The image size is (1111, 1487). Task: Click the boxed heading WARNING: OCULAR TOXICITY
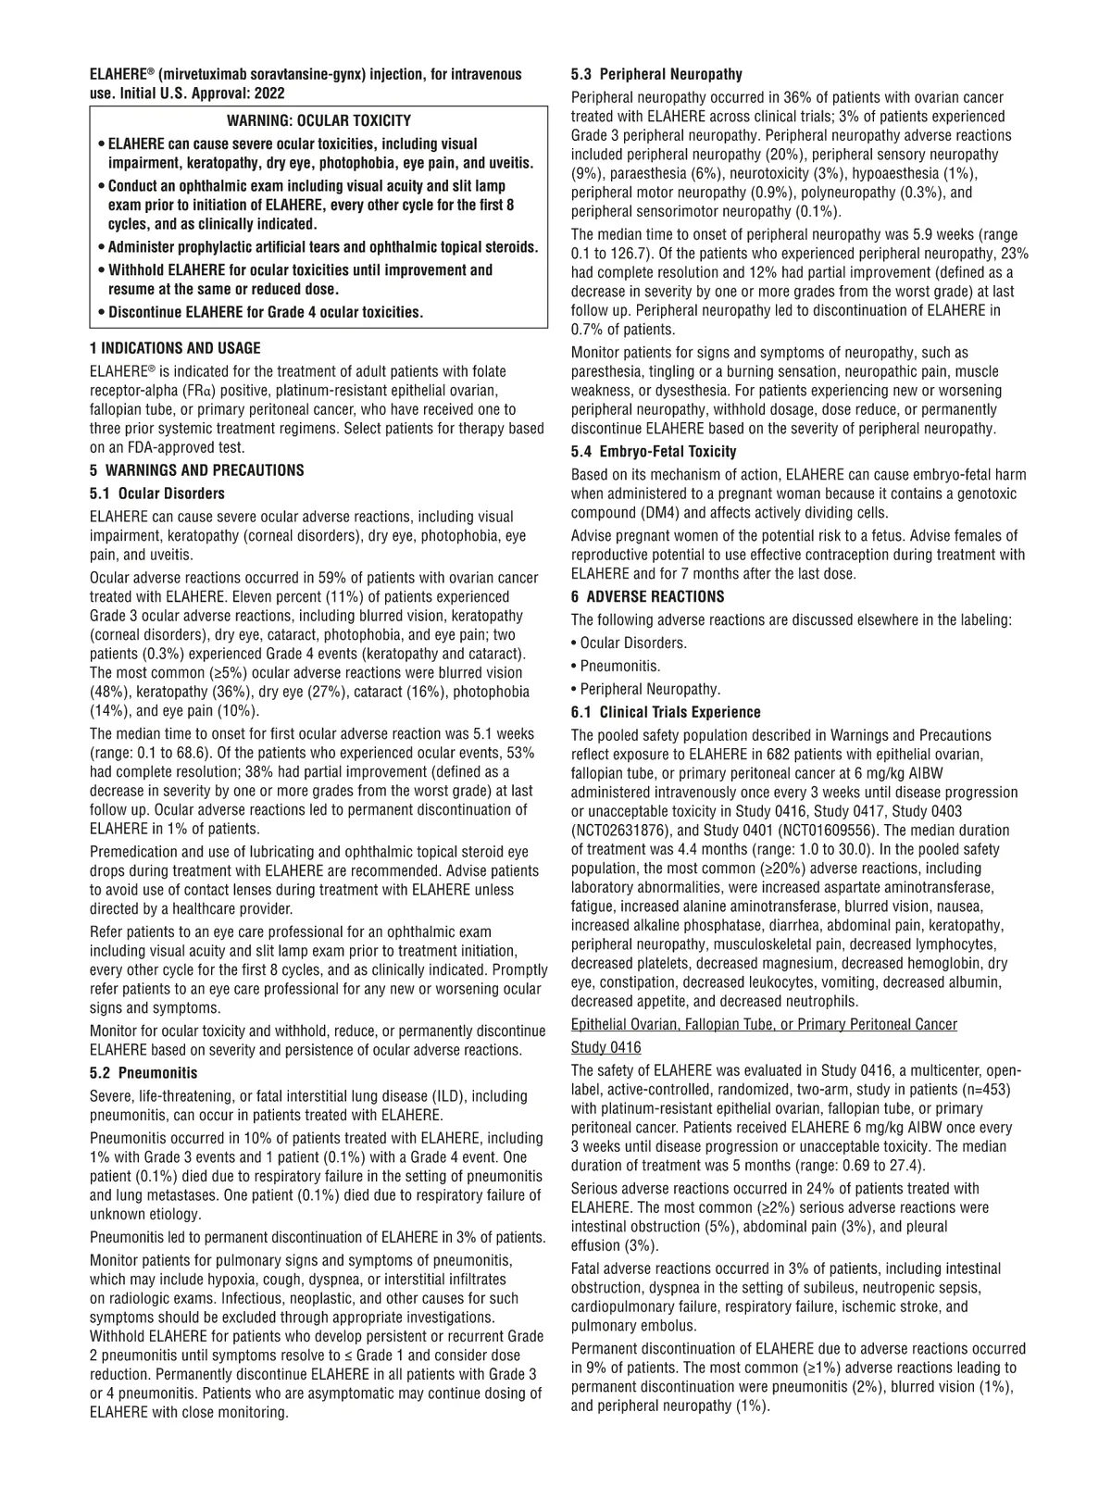click(x=318, y=121)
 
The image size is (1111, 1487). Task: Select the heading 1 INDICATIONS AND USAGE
click(x=175, y=348)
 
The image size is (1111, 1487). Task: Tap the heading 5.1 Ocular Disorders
click(x=157, y=494)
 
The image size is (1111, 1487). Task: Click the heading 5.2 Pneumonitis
click(x=144, y=1073)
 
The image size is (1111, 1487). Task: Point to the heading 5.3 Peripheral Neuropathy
click(x=656, y=74)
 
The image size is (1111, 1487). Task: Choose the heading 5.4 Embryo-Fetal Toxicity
click(x=654, y=452)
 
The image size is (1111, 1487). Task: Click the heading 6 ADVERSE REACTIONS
click(x=648, y=597)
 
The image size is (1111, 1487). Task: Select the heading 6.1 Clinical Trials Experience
click(x=666, y=713)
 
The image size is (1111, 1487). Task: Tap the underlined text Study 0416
click(x=605, y=1047)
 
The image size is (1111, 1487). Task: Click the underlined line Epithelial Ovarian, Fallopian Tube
click(x=764, y=1024)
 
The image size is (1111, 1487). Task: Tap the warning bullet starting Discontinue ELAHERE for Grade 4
click(x=265, y=312)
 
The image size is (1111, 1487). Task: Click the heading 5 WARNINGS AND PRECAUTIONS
click(x=196, y=470)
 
